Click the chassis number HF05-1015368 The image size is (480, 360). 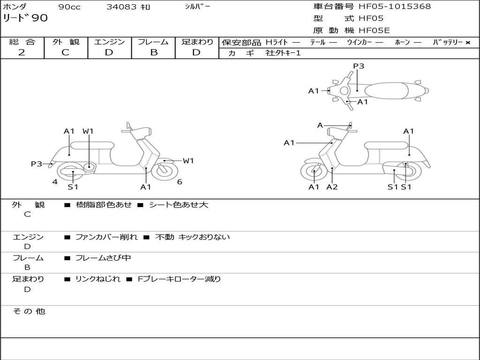tap(395, 7)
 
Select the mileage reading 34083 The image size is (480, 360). tap(122, 7)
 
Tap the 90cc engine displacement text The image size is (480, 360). tap(68, 7)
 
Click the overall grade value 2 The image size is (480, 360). tap(22, 52)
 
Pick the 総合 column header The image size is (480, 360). tap(22, 42)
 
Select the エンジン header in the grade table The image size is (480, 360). tap(110, 42)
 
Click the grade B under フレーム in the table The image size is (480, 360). tap(153, 52)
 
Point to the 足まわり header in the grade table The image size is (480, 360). tap(197, 42)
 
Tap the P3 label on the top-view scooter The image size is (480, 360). tap(359, 66)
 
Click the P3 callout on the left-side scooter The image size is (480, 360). tap(37, 164)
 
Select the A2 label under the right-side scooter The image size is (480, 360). tap(332, 187)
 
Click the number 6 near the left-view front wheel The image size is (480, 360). tap(180, 182)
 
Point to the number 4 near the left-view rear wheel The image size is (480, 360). tap(55, 182)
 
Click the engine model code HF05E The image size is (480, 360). tap(374, 30)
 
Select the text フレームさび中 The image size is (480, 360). tap(103, 258)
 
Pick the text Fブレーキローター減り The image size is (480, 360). tap(179, 279)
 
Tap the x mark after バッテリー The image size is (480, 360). tap(468, 43)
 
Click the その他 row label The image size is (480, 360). tap(29, 311)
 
